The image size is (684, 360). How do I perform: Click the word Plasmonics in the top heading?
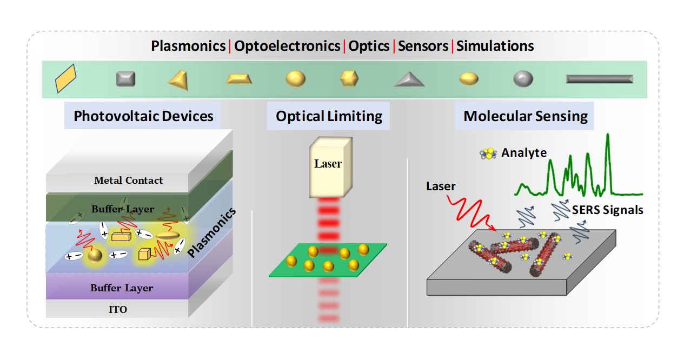coord(188,46)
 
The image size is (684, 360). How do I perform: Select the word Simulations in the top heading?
coord(495,46)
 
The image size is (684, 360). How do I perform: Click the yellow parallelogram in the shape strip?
coord(66,79)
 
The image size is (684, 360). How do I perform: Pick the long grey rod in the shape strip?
coord(599,79)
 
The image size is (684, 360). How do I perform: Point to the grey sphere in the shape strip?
coord(523,79)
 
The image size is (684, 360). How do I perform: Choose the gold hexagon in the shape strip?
coord(349,79)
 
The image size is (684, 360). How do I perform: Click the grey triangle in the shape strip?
coord(409,80)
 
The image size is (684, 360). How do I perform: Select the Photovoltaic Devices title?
coord(143,116)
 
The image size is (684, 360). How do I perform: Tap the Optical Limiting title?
coord(329,116)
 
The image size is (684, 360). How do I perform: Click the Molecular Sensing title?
coord(525,116)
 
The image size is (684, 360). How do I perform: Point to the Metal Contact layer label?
coord(128,181)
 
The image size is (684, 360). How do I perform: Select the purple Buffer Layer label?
coord(122,288)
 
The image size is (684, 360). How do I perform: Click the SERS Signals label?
coord(608,210)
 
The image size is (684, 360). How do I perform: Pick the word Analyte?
coord(523,153)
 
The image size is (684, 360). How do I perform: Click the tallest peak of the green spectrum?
coord(609,135)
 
